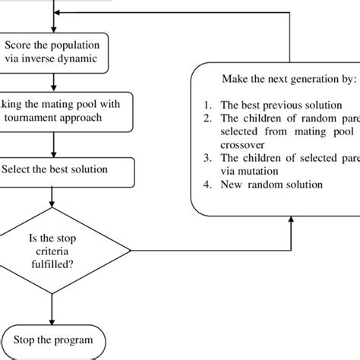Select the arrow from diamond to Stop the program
pos(52,304)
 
